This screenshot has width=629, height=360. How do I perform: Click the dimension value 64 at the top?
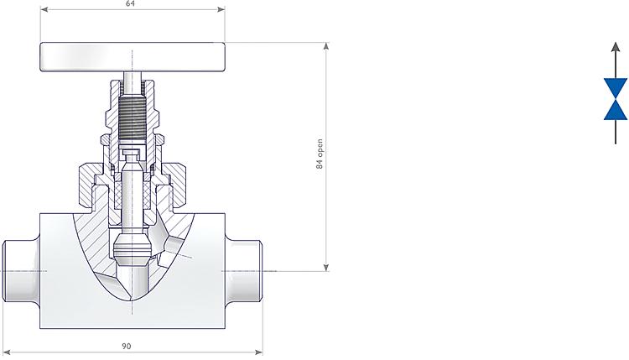coord(130,4)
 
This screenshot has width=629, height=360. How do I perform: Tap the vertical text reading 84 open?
coord(320,155)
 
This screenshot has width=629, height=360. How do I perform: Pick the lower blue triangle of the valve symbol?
coord(616,110)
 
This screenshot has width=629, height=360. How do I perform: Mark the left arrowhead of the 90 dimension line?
coord(6,351)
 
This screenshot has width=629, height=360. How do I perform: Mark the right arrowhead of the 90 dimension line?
coord(259,351)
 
